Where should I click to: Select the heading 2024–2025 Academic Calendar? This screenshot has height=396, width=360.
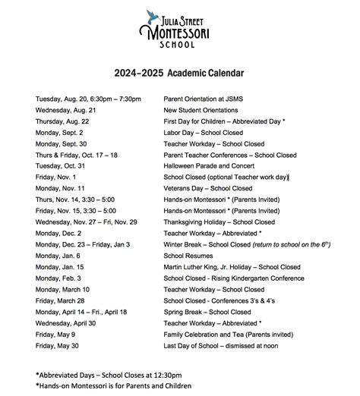point(179,74)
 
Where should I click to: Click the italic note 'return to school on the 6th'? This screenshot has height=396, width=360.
point(284,244)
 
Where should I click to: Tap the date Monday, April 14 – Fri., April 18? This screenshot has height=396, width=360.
point(81,312)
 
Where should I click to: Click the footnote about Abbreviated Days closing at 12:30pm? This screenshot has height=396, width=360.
point(108,375)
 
